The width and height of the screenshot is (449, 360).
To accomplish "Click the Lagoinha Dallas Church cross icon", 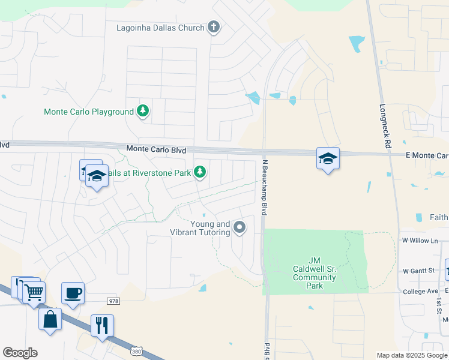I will [213, 27].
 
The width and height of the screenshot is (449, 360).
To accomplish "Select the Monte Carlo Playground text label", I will [88, 112].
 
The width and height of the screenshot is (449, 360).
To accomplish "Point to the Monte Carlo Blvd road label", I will [156, 149].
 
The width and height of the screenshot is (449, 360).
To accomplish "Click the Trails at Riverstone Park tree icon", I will [200, 173].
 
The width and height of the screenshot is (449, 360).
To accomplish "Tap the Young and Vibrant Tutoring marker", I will [240, 227].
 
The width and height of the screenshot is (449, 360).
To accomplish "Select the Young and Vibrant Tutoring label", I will [210, 228].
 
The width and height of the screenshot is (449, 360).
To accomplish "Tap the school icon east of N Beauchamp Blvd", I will [328, 158].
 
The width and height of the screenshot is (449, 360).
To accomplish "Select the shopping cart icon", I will [34, 292].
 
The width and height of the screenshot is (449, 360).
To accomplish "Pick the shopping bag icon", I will [50, 319].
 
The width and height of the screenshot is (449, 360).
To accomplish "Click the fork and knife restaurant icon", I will [102, 325].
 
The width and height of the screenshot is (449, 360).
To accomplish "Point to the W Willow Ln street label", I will [418, 241].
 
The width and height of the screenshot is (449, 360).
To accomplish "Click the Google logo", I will [20, 353].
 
